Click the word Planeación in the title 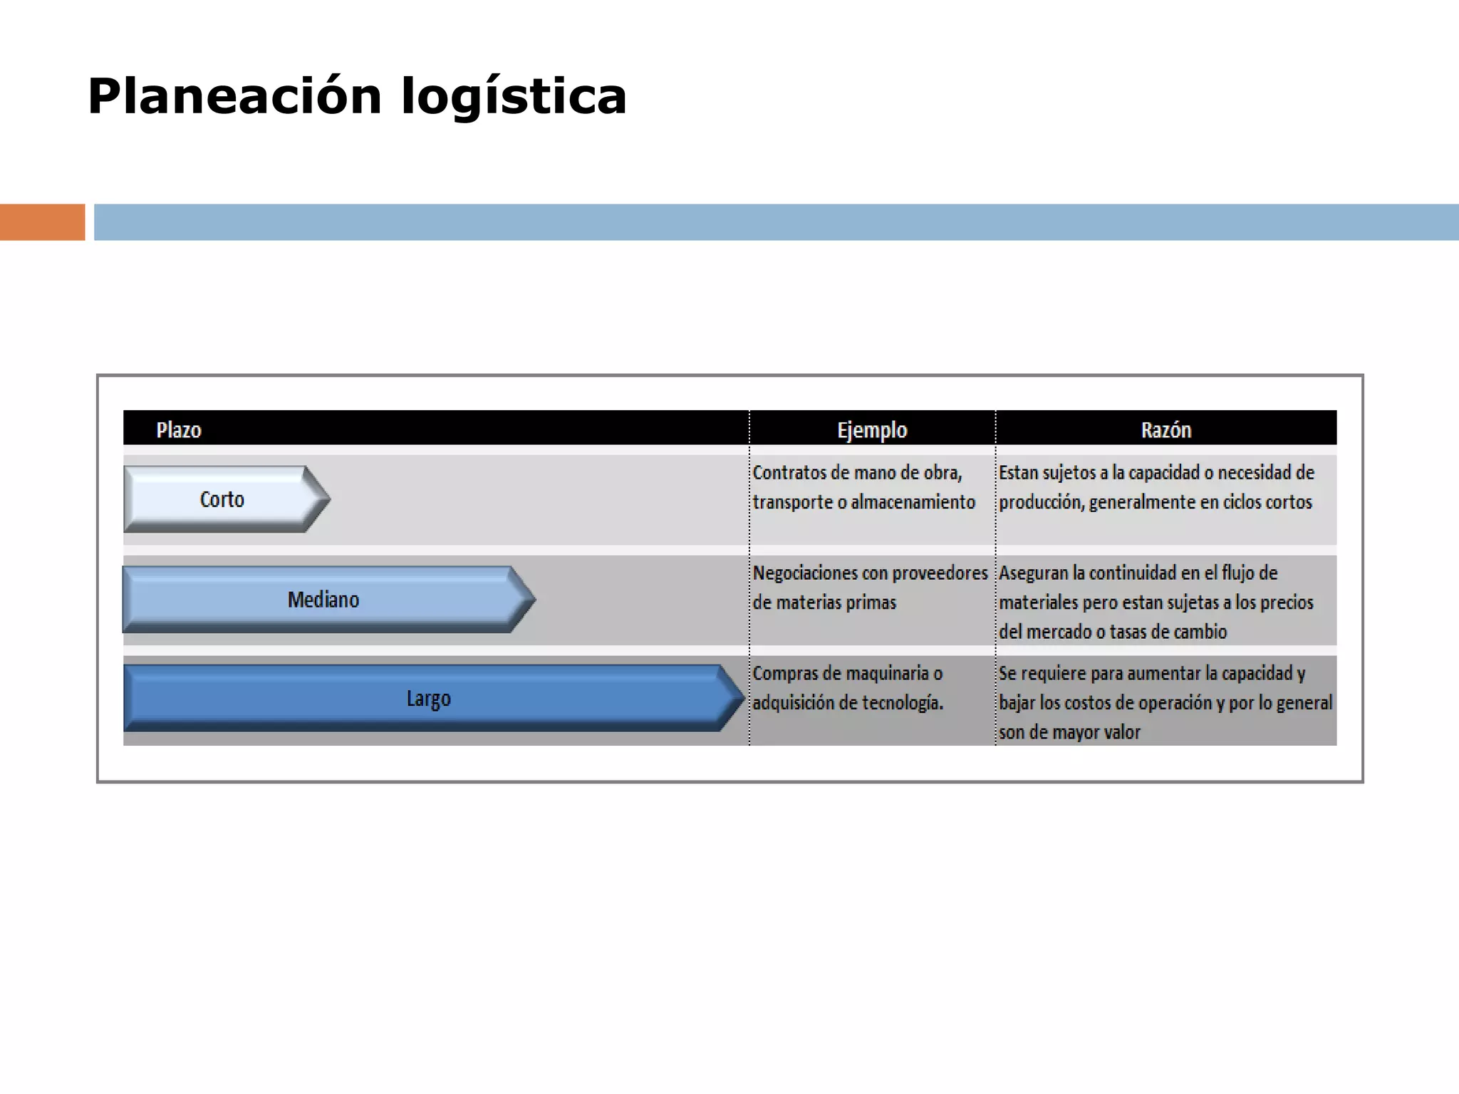(x=235, y=96)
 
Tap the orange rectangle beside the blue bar (x=42, y=222)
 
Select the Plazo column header (x=179, y=430)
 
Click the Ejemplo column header (x=872, y=430)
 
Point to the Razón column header (x=1165, y=430)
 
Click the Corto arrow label (x=222, y=499)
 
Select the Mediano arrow (x=323, y=600)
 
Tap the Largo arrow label (x=428, y=699)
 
